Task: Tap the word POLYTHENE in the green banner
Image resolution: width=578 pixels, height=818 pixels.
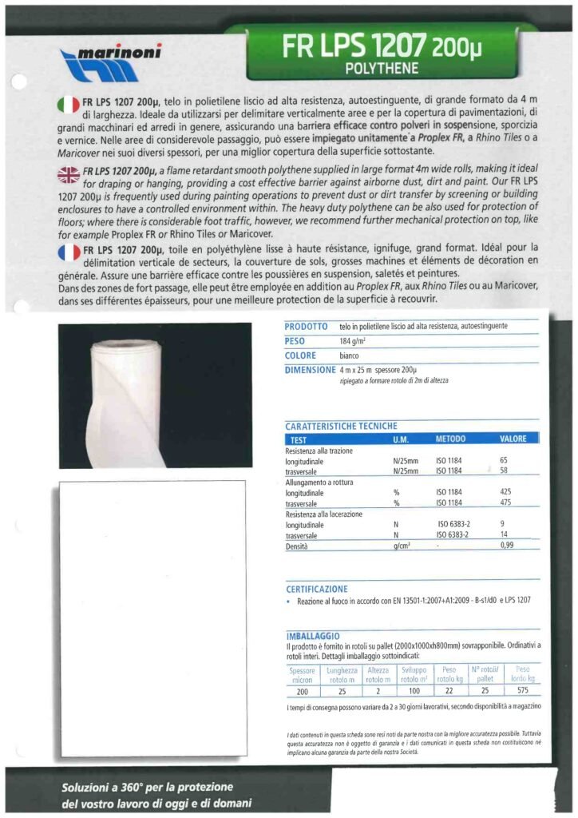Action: point(381,69)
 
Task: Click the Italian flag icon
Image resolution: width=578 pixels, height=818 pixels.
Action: point(69,103)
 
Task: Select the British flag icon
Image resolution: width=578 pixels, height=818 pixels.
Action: point(69,172)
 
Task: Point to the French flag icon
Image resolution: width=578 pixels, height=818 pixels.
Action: point(69,253)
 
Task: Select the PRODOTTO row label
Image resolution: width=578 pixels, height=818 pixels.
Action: point(306,327)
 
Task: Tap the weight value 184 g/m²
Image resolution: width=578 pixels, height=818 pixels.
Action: point(351,341)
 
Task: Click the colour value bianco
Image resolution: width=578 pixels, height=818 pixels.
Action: point(350,355)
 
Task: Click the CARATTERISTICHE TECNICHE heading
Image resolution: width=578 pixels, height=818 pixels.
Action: point(341,427)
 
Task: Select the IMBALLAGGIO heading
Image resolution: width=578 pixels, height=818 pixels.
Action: point(314,635)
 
